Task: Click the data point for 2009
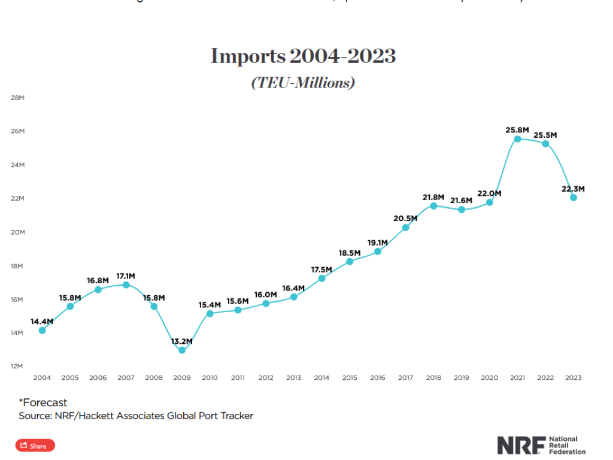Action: tap(182, 350)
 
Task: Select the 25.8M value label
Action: tap(517, 129)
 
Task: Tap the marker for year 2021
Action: tap(517, 139)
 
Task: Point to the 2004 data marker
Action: tap(42, 330)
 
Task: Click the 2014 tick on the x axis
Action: tap(321, 378)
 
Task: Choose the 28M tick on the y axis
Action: tap(17, 98)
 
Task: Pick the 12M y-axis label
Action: tap(17, 366)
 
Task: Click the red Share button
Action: tap(35, 446)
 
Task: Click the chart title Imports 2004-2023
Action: tap(303, 56)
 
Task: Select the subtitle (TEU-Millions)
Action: tap(303, 83)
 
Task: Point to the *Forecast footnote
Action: tap(43, 402)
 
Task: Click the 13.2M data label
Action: tap(181, 341)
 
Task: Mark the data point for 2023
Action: tap(573, 198)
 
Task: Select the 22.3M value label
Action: tap(573, 189)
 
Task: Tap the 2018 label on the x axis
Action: tap(433, 378)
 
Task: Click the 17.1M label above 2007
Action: tap(126, 276)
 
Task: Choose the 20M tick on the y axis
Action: tap(17, 232)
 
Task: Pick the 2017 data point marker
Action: tap(405, 227)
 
